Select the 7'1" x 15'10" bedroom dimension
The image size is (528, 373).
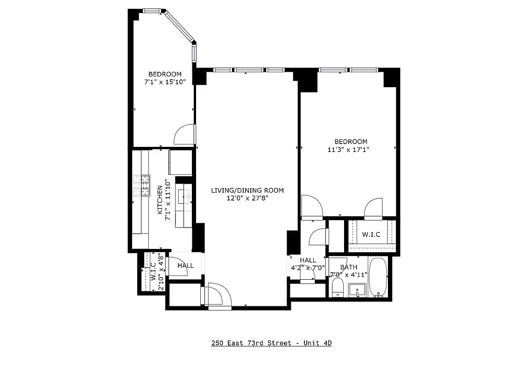(x=165, y=82)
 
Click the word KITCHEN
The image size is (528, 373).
(x=160, y=200)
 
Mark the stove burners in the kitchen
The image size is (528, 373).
(x=141, y=186)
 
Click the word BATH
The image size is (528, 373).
(x=348, y=267)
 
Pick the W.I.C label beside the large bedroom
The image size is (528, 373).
(x=371, y=235)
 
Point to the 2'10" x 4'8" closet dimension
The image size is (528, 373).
(x=161, y=272)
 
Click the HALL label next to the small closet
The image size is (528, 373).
(x=185, y=266)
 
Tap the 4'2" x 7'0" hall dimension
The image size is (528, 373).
(x=308, y=268)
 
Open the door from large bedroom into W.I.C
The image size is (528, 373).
(x=373, y=208)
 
